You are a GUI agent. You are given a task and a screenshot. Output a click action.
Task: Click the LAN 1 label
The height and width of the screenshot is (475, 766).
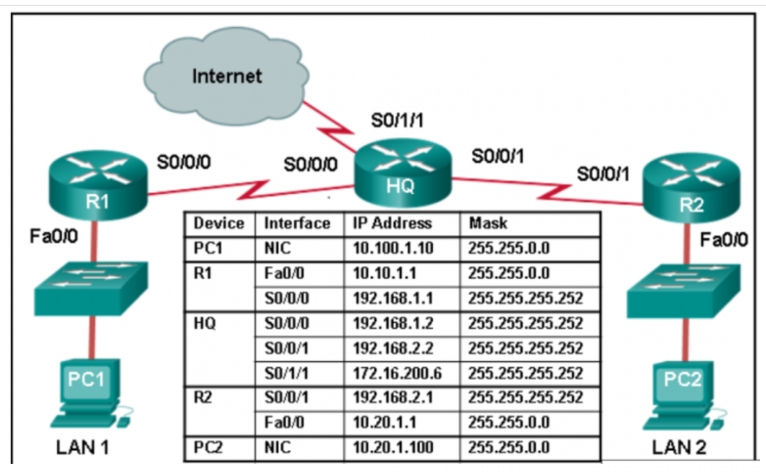[82, 448]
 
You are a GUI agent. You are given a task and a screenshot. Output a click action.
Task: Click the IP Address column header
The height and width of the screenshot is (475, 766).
[390, 224]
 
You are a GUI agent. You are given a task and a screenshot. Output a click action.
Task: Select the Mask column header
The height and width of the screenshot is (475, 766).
[488, 224]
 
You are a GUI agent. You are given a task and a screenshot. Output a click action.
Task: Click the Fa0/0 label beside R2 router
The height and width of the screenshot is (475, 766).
[724, 239]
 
